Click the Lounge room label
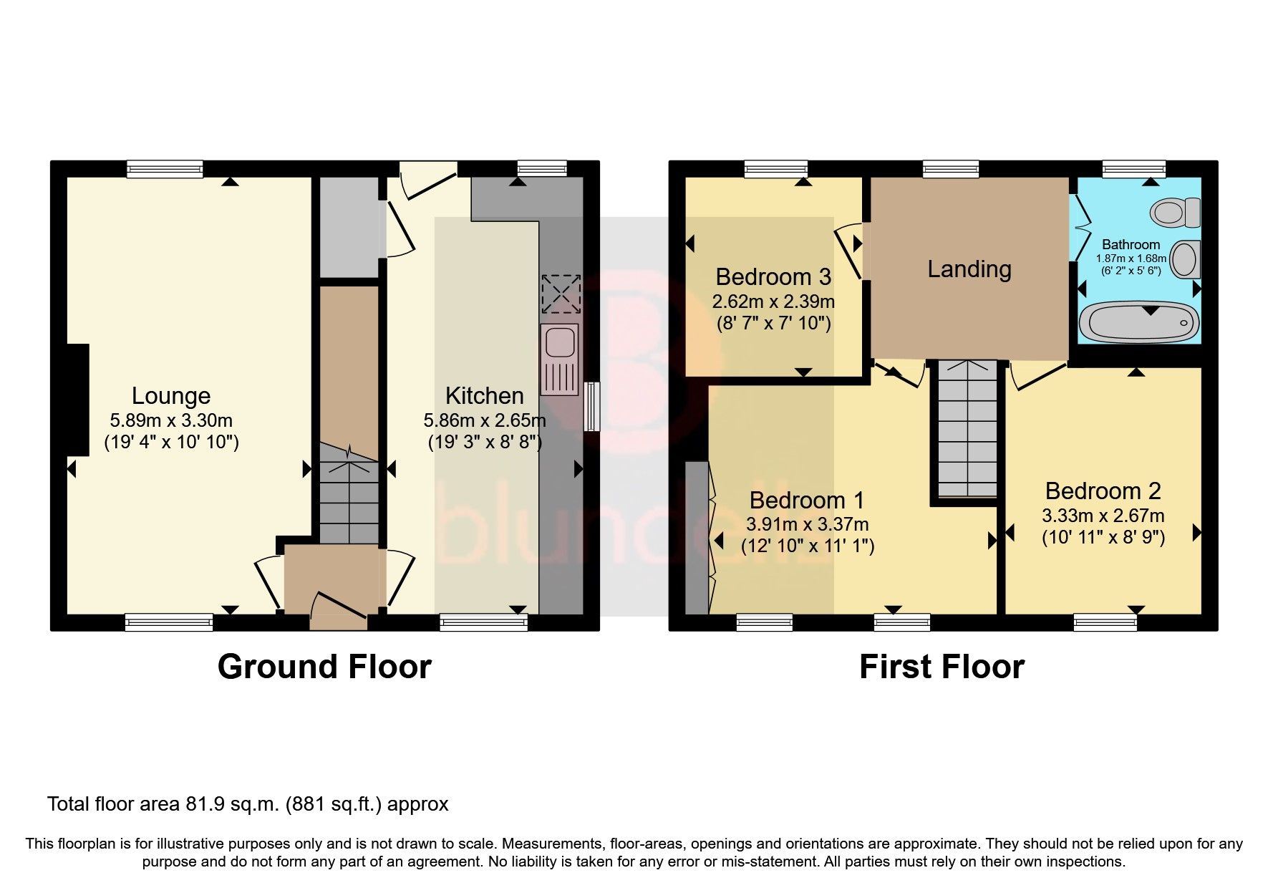[x=171, y=396]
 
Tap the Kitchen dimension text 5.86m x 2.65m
[x=485, y=420]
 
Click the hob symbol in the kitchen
[x=561, y=293]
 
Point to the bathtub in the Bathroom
[x=1138, y=322]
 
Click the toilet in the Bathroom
[x=1174, y=212]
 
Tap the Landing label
[x=969, y=269]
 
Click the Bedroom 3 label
[x=773, y=276]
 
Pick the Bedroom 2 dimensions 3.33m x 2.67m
[x=1103, y=516]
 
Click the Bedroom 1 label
[x=807, y=500]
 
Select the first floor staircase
[x=967, y=430]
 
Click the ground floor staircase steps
[x=348, y=501]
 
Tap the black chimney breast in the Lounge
[x=77, y=400]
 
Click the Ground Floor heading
[x=324, y=667]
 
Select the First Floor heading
[x=942, y=667]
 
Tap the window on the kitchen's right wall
[x=591, y=406]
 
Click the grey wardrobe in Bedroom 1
[x=696, y=538]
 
